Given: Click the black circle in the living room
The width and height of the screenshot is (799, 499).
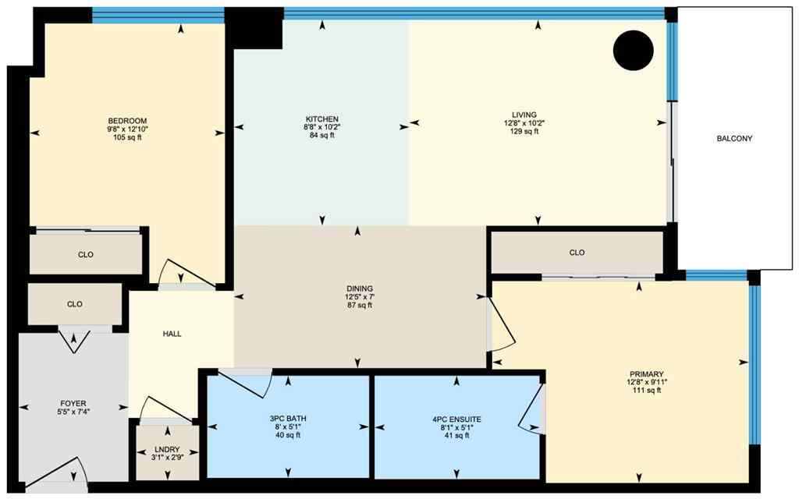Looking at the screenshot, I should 632,51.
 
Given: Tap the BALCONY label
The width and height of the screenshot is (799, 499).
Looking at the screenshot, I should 733,139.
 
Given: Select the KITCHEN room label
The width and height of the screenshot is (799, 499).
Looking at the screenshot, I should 322,119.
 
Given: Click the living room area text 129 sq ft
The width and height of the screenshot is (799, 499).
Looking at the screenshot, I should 520,132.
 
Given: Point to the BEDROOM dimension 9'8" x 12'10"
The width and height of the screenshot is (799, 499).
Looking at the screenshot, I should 127,129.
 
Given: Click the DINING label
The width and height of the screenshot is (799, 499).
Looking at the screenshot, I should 358,288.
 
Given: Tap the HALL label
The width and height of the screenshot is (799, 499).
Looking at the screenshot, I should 172,334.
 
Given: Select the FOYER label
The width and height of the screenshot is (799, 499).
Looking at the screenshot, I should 73,404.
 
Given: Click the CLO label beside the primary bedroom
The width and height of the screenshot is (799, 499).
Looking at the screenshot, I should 577,253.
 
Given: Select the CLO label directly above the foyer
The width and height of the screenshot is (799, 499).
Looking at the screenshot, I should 75,304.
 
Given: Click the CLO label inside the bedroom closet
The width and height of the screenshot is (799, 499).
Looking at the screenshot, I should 86,254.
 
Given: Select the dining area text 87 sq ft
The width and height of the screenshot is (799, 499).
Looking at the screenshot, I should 358,305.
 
